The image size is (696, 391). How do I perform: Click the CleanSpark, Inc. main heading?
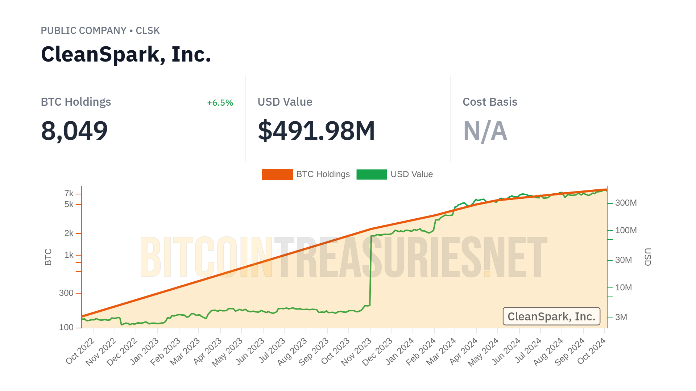pos(126,54)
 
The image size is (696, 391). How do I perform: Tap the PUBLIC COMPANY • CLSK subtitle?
pos(100,31)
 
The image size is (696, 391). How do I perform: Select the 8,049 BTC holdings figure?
pos(74,131)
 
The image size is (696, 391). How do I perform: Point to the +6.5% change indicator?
pos(220,103)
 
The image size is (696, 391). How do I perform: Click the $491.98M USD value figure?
pos(316,131)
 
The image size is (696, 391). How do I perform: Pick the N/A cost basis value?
pos(485,131)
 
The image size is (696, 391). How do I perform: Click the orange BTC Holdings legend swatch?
pos(277,175)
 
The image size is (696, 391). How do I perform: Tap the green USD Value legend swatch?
pos(372,175)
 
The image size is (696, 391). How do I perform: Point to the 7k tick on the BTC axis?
pos(69,194)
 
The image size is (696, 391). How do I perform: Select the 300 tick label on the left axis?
pos(66,293)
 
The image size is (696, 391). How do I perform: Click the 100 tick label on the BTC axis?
pos(66,327)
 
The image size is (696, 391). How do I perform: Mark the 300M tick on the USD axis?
pos(626,203)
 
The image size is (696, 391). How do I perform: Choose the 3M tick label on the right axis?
pos(621,317)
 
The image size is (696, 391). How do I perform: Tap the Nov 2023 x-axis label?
pos(356,351)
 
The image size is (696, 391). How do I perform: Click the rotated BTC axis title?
pos(48,257)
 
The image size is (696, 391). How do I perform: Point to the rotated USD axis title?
pos(647,257)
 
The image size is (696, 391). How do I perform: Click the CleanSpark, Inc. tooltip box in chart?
pos(551,316)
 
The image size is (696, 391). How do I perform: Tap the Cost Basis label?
pos(490,102)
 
